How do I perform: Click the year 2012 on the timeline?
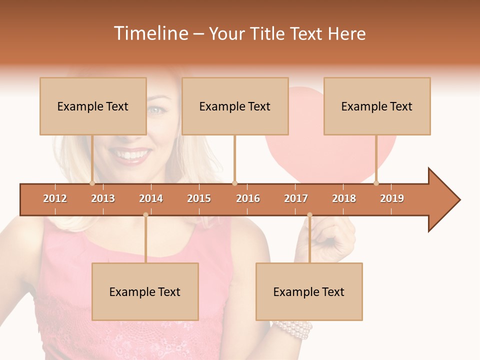point(55,198)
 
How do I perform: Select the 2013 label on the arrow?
point(103,198)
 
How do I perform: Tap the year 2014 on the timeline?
point(151,198)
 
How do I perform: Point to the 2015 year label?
point(199,198)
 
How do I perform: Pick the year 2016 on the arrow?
point(248,198)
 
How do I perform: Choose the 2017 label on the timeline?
point(296,198)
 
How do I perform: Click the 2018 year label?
point(344,198)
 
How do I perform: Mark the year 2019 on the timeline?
point(392,198)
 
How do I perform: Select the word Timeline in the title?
point(149,33)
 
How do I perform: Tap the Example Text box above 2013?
point(93,106)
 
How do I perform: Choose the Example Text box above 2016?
point(235,106)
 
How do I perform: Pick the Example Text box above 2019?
point(377,106)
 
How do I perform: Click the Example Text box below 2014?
point(145,291)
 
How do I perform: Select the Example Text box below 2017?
point(309,291)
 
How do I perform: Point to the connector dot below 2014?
point(145,214)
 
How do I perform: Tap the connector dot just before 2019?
point(376,183)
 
